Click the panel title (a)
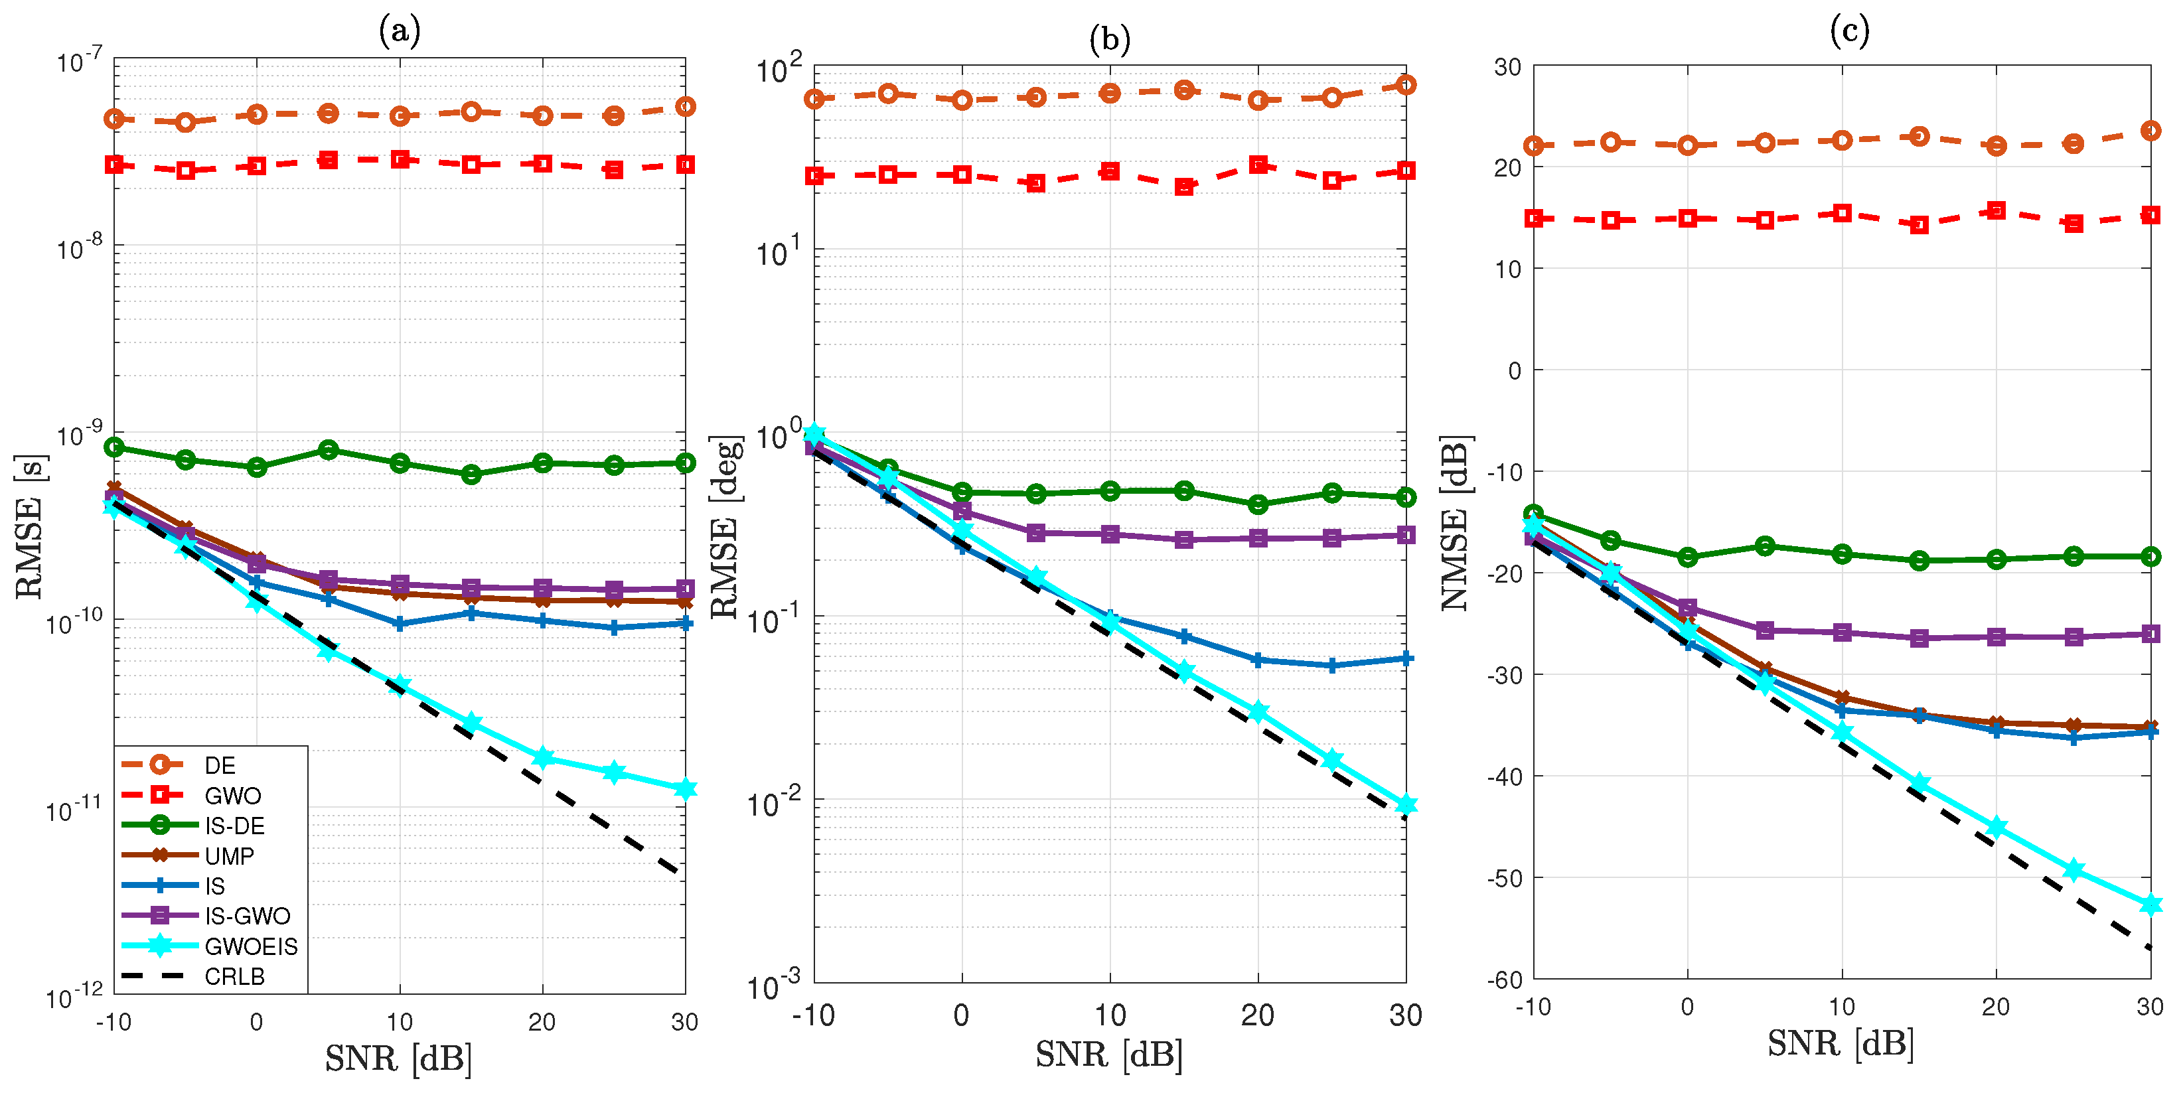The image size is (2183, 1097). click(399, 31)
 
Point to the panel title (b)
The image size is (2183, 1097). click(1109, 39)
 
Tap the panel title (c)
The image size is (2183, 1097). click(1849, 31)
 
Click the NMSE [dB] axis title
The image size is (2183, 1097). click(1456, 523)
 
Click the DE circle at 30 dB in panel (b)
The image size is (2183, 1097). click(1406, 85)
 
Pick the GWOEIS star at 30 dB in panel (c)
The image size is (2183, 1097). click(2150, 905)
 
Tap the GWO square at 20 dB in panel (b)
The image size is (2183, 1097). click(1258, 165)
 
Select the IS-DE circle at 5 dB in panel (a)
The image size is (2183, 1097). click(329, 450)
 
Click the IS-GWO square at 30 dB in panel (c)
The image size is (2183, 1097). click(2150, 634)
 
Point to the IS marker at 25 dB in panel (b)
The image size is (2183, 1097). click(1332, 666)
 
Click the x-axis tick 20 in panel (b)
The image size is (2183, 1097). click(1258, 1015)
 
